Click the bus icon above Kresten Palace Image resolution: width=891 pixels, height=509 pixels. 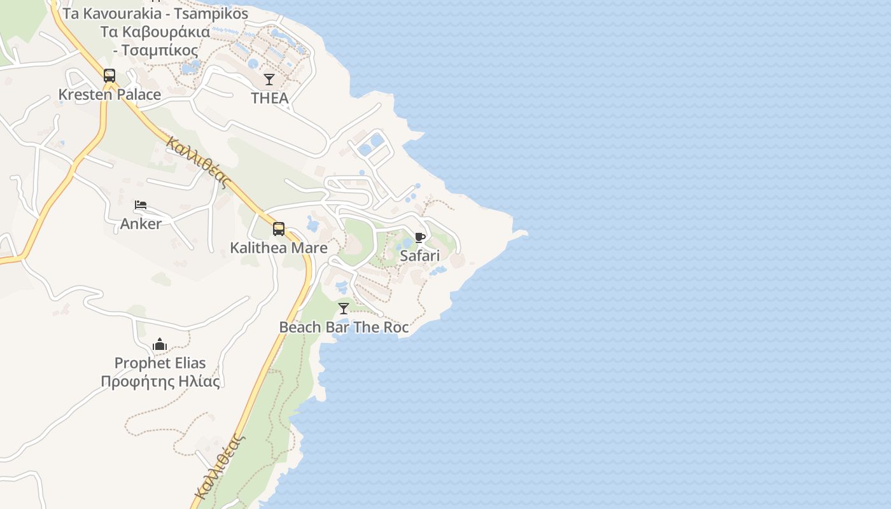click(x=109, y=76)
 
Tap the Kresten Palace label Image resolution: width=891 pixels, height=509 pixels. click(x=109, y=95)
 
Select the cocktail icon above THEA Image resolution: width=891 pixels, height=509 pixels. click(x=269, y=80)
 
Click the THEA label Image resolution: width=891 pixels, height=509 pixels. click(x=270, y=98)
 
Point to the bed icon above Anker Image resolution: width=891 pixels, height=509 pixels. click(x=141, y=205)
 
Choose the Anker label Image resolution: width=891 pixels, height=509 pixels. click(x=141, y=224)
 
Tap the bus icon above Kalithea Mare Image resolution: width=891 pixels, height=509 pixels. click(x=279, y=229)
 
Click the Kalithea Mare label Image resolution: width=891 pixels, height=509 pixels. click(x=279, y=248)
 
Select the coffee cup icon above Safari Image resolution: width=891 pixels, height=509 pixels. click(x=419, y=237)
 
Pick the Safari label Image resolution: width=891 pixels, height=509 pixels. click(x=419, y=256)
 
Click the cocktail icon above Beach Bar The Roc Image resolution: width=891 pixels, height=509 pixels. click(x=344, y=309)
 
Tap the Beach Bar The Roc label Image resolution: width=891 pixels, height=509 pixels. click(x=344, y=328)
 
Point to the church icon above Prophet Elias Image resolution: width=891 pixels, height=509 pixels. click(x=160, y=345)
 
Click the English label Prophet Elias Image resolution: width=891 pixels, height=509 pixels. click(x=160, y=363)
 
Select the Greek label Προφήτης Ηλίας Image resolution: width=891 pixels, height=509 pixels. click(x=160, y=382)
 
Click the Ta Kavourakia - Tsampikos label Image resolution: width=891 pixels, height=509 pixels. click(x=155, y=14)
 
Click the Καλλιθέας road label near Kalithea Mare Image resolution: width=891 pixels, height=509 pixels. click(x=197, y=162)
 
